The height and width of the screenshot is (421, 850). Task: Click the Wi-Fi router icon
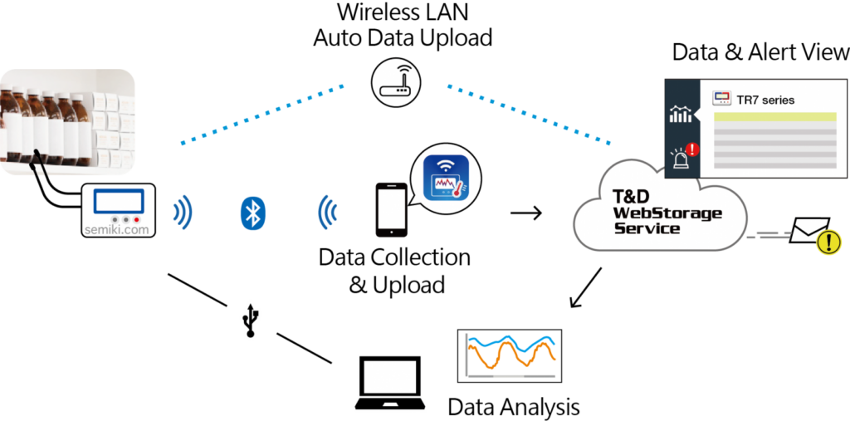[396, 81]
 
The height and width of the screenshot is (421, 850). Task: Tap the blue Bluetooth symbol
[252, 213]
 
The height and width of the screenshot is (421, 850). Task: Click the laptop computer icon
[389, 383]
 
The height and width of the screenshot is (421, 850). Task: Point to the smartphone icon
[392, 210]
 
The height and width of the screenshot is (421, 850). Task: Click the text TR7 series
[765, 100]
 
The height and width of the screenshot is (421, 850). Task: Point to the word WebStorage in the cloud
[667, 213]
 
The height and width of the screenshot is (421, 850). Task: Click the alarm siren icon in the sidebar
[681, 156]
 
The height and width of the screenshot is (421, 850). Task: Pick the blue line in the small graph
[510, 342]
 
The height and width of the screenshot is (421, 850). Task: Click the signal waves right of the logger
[183, 213]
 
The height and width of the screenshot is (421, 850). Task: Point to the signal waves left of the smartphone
[328, 213]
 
